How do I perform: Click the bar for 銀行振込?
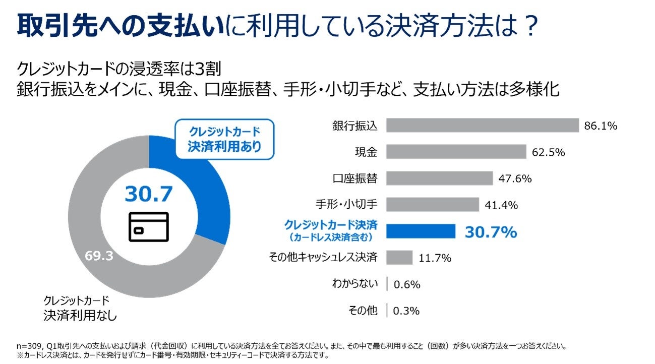pos(483,126)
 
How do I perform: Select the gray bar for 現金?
pos(456,152)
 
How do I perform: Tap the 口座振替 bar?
pos(440,178)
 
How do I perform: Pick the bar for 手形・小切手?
pos(433,205)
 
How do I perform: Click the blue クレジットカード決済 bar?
pos(421,231)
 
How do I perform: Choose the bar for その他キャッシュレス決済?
pos(400,258)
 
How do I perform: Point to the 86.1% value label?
pos(601,126)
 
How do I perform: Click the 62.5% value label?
pos(548,152)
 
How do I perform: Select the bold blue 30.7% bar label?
pos(491,232)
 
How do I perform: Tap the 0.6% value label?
pos(406,284)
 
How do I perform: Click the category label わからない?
pos(354,284)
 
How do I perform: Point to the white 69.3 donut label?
pos(98,256)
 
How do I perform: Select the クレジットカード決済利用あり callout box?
pos(224,139)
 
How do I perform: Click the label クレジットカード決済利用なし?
pos(80,309)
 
